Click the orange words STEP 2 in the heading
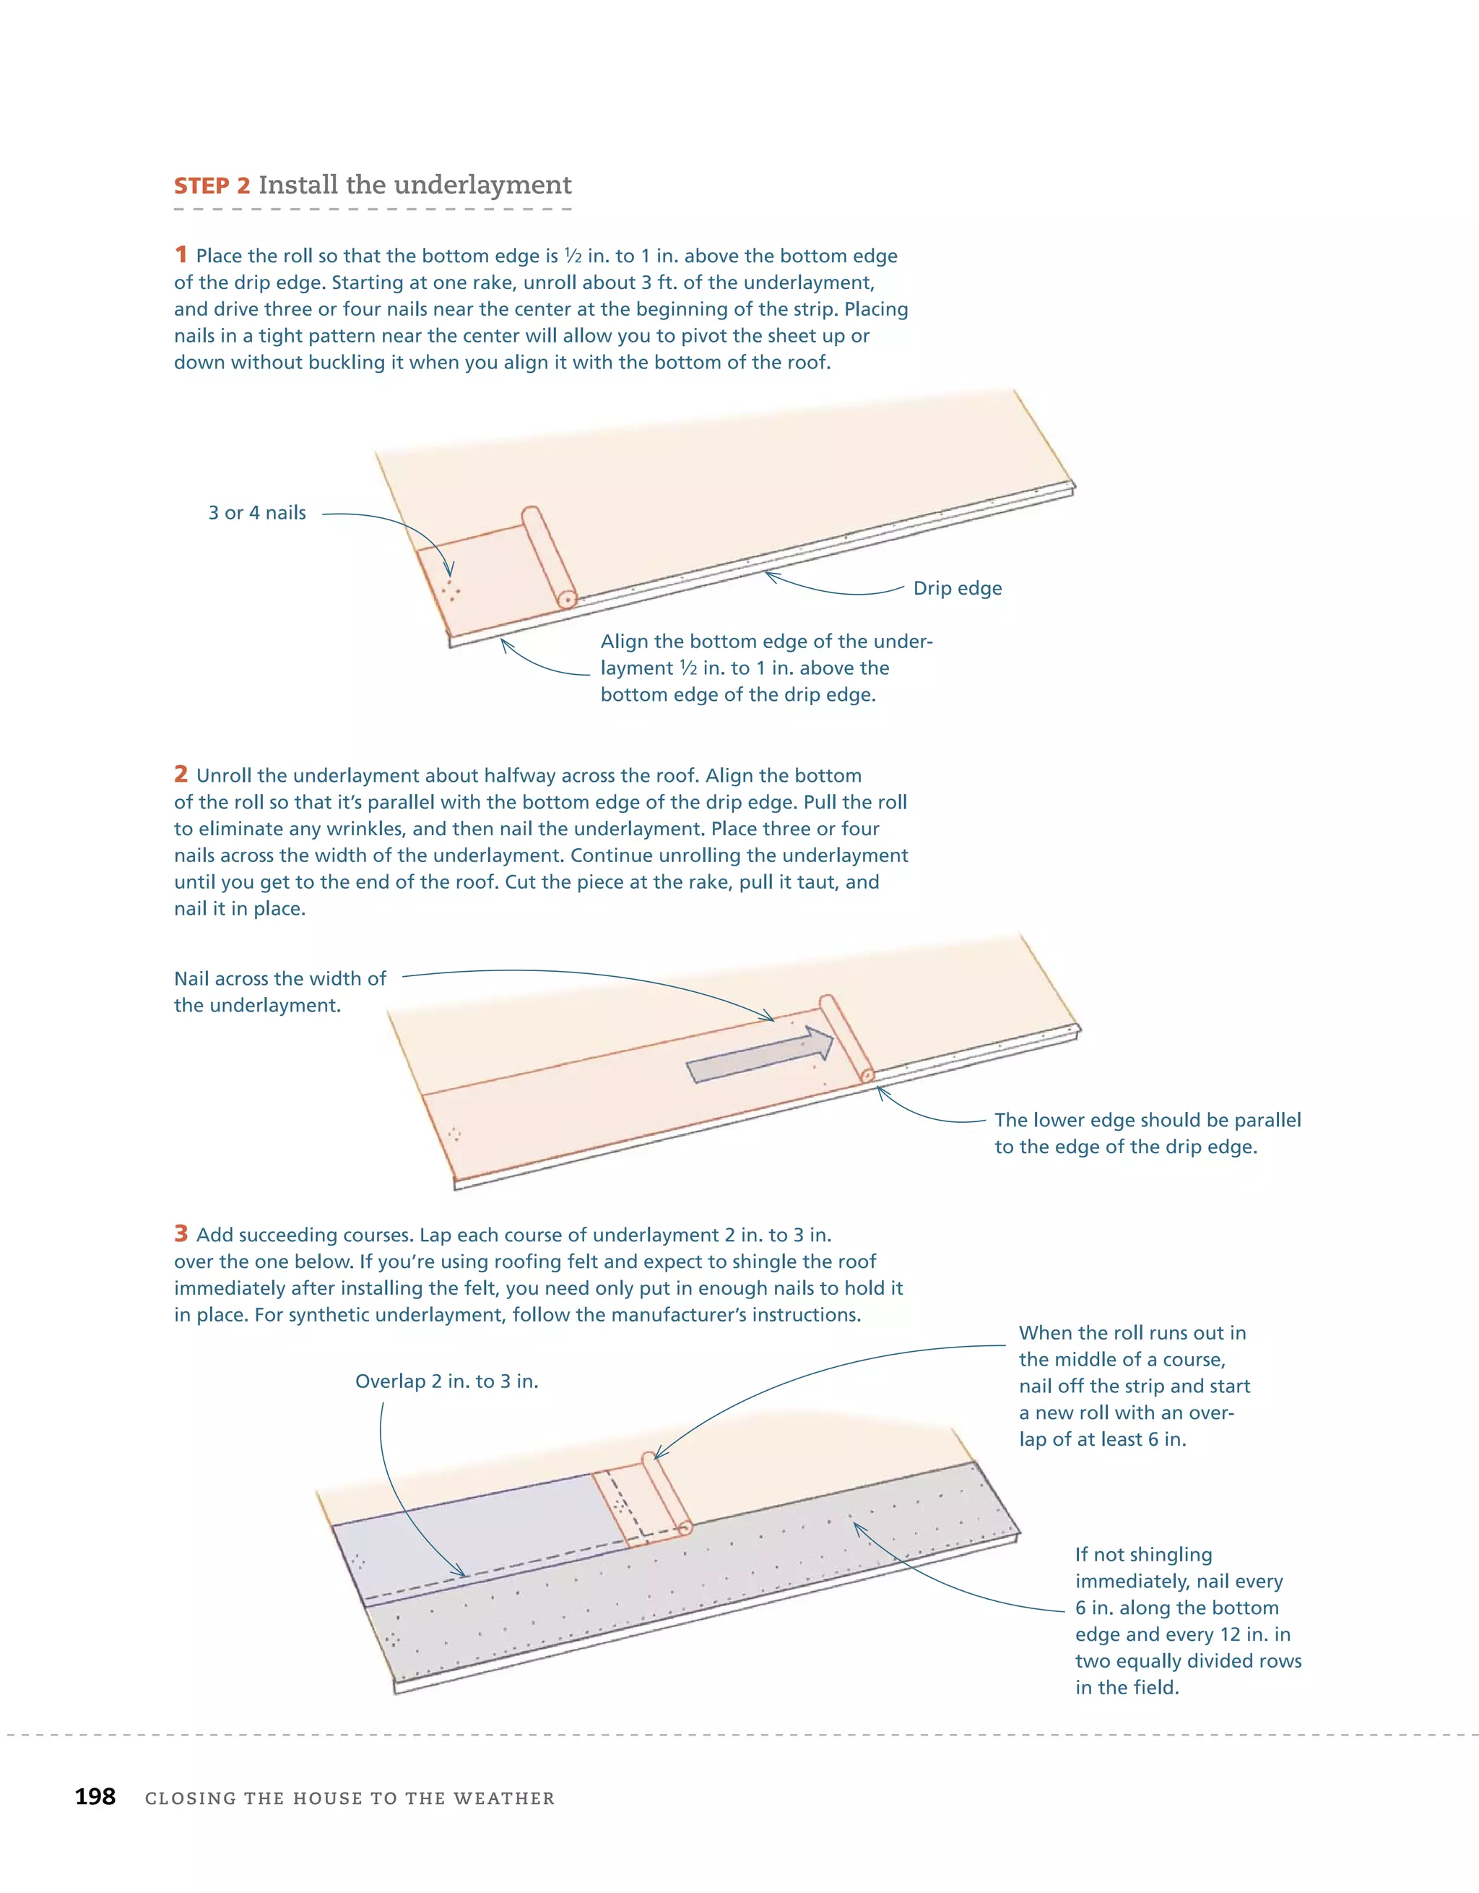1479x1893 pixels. coord(212,186)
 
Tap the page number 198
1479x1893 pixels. coord(95,1797)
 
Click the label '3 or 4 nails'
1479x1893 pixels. coord(257,513)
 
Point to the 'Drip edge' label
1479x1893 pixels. coord(957,589)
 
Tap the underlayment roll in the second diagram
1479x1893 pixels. coord(846,1038)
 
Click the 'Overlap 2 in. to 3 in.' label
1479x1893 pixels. coord(446,1381)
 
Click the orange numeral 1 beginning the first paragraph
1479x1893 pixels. coord(181,255)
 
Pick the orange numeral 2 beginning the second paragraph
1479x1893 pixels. coord(181,774)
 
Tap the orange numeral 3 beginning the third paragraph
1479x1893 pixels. coord(181,1233)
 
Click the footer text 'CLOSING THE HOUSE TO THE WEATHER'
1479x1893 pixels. coord(350,1798)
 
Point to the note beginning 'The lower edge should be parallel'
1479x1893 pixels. coord(1146,1133)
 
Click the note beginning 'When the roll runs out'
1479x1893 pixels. coord(1133,1385)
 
